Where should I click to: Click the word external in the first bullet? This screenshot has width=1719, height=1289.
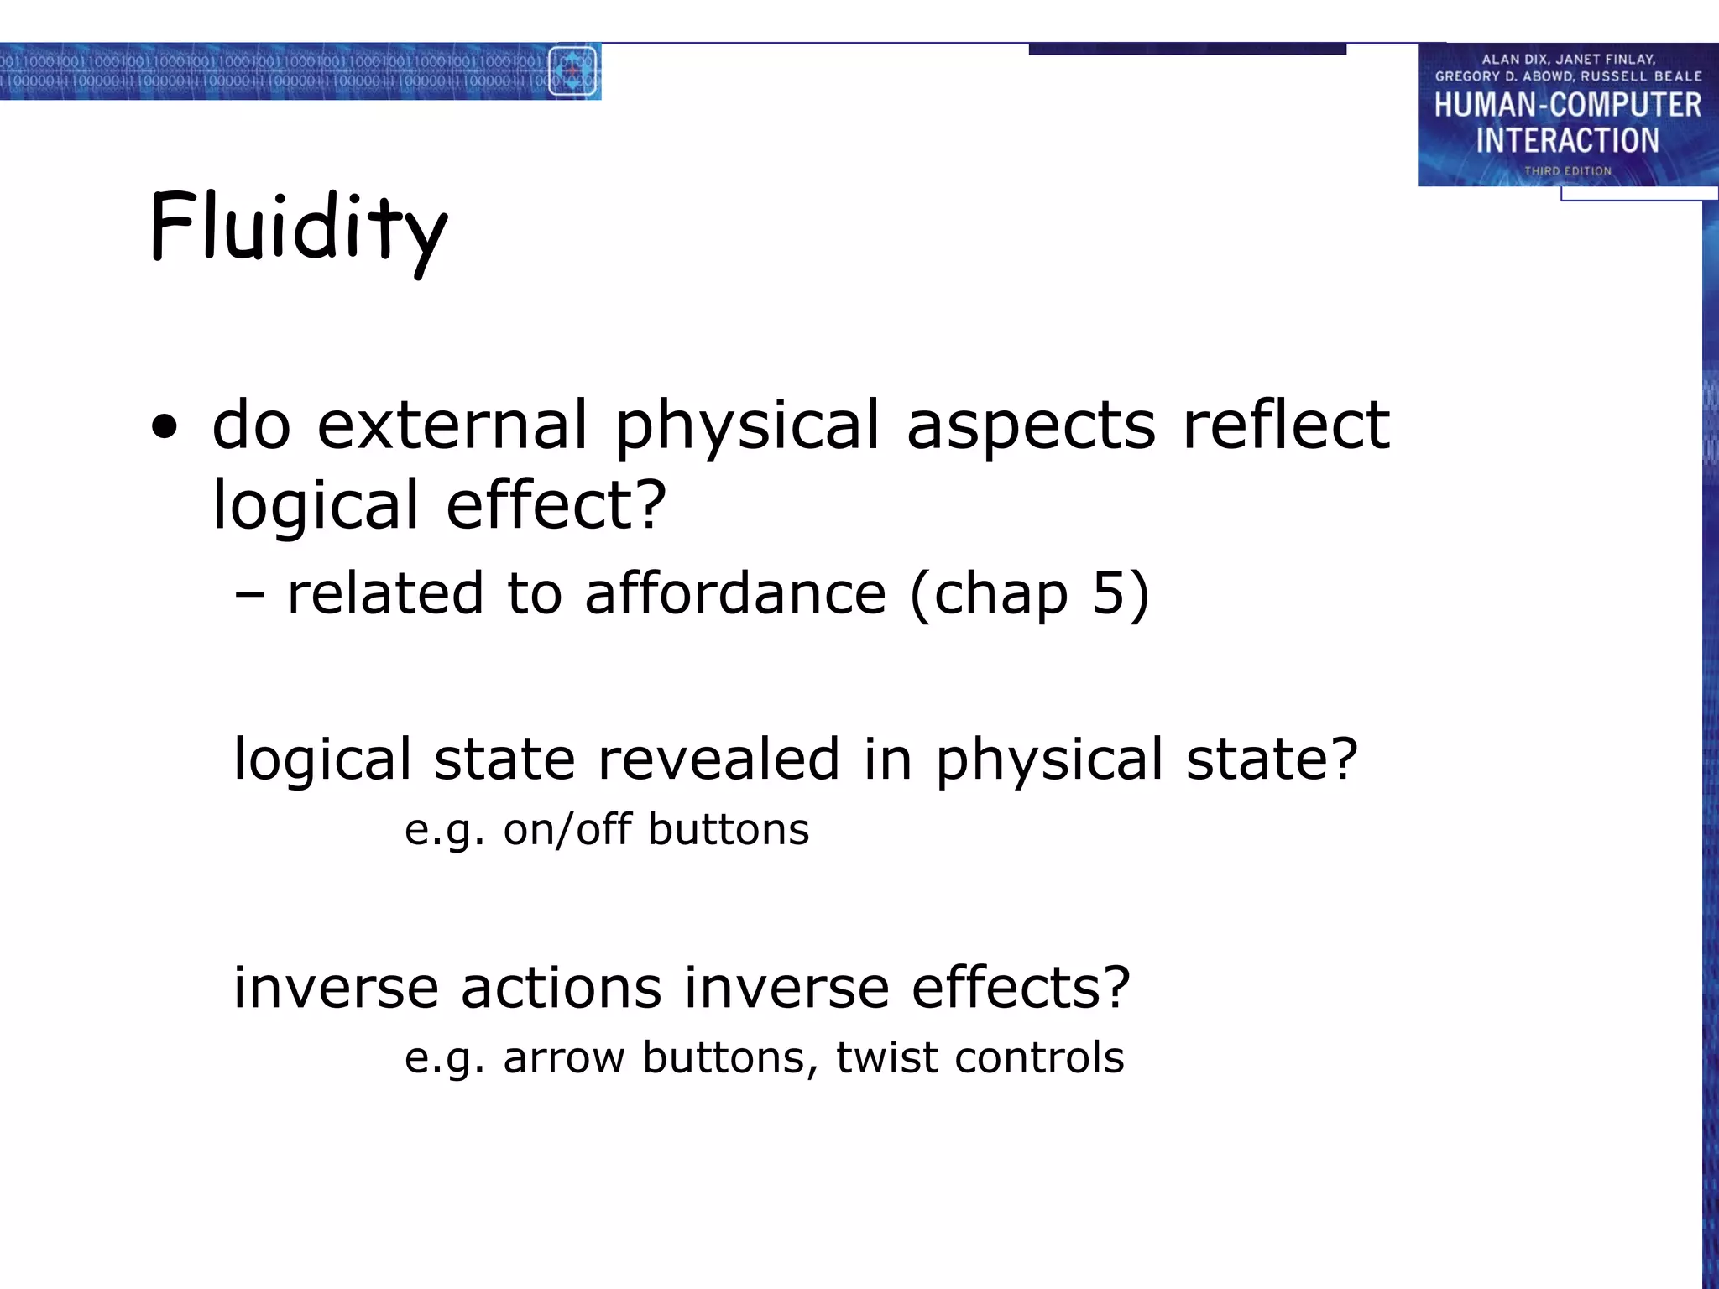point(452,425)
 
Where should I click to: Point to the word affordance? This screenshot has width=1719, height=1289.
point(735,592)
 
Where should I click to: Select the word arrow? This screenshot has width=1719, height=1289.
point(564,1057)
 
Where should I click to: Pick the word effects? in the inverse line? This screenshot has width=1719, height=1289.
point(1021,987)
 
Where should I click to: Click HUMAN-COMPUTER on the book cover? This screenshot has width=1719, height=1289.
point(1567,105)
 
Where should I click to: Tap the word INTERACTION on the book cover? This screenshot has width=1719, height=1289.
point(1567,140)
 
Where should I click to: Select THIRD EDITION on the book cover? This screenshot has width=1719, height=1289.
point(1567,171)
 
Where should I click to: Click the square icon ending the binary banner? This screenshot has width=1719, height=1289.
point(572,71)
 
